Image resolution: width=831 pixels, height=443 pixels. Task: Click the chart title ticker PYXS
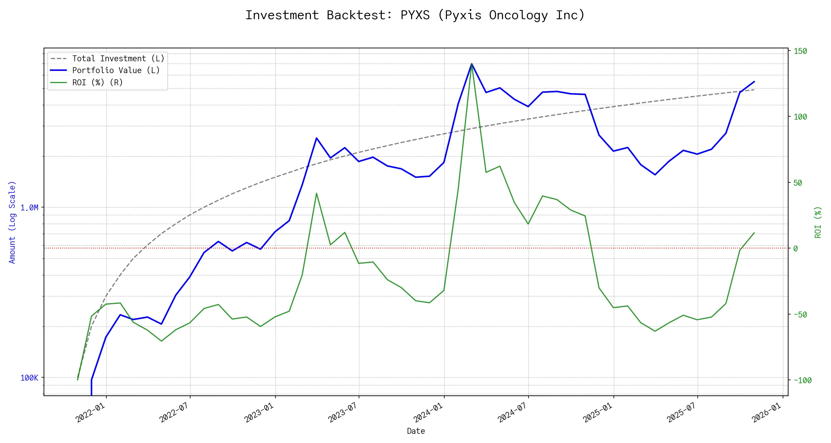415,15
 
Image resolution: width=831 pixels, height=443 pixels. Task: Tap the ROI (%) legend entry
98,83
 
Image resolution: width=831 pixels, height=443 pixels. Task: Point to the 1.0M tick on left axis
29,208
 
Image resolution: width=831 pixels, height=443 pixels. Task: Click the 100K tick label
29,378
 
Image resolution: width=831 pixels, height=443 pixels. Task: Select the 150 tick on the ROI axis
800,51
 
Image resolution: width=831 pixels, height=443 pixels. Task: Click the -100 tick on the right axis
802,381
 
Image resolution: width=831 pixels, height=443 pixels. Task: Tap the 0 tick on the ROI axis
796,248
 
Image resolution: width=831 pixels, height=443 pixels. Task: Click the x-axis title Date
416,431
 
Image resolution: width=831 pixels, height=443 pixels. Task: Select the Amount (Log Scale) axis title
13,222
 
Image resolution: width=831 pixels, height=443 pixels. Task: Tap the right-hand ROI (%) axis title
818,222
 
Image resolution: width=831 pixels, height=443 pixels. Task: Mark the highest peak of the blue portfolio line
472,64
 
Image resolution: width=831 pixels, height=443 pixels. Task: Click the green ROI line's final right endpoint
754,233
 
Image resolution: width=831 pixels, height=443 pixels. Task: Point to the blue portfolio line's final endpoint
754,82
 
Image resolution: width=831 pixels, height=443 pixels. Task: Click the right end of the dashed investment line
754,90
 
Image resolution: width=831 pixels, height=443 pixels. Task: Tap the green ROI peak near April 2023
317,193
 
